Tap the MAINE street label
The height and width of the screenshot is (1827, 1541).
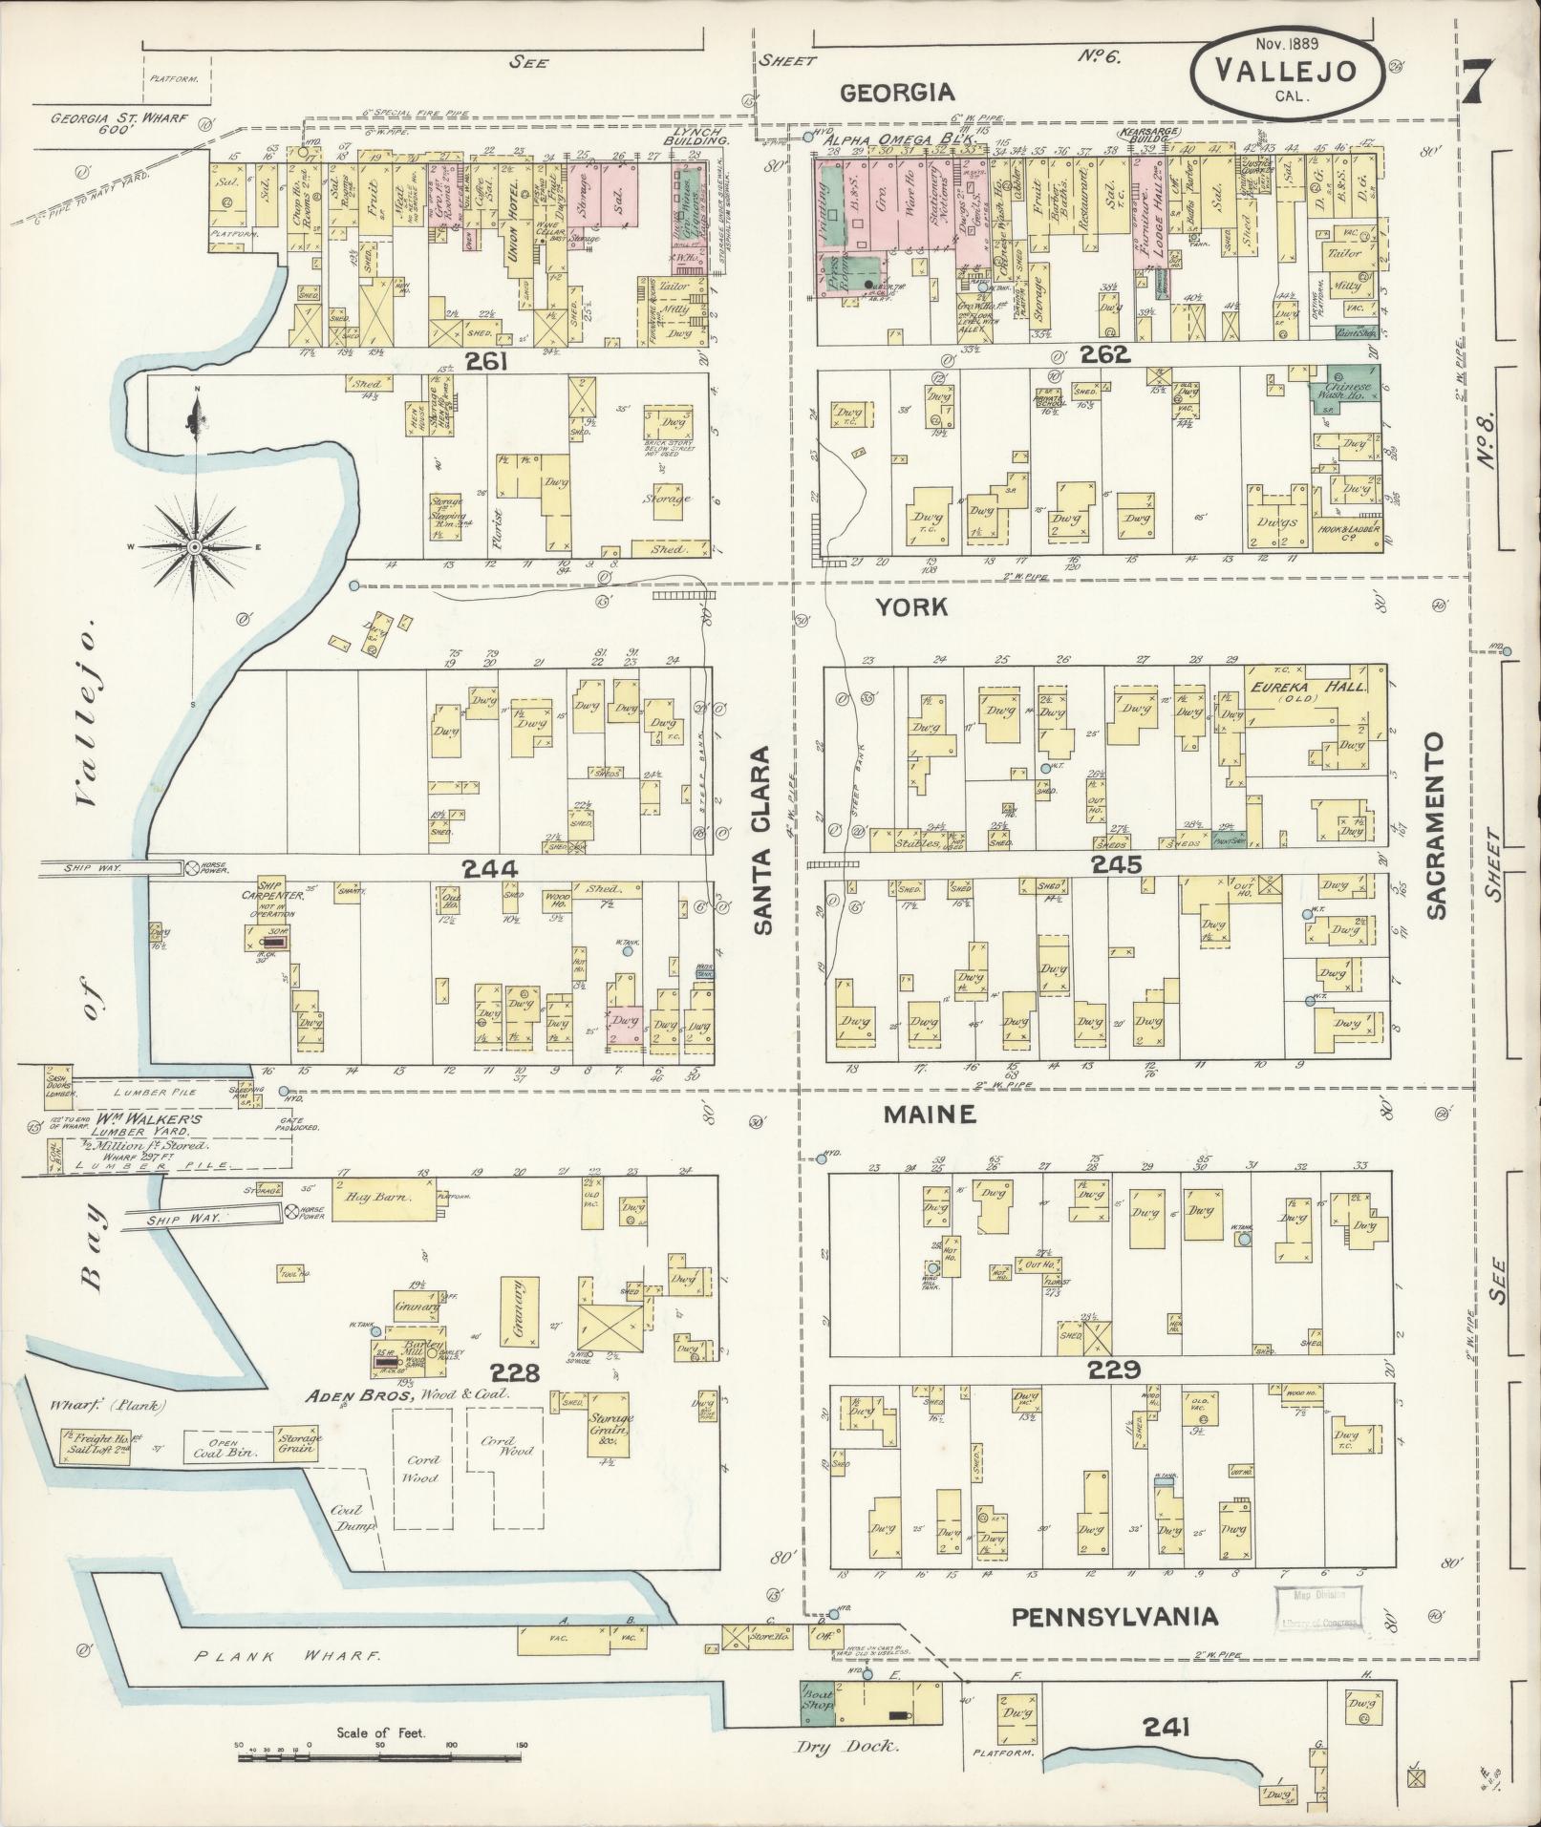tap(929, 1114)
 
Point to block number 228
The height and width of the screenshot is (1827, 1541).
tap(516, 1372)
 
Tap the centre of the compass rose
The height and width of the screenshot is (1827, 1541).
tap(194, 546)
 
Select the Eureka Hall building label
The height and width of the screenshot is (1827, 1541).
tap(1308, 688)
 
